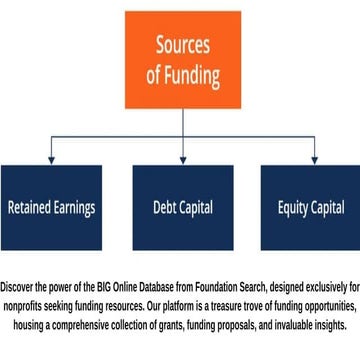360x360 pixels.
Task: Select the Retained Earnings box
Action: click(x=52, y=208)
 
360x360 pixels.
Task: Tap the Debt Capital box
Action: click(x=183, y=208)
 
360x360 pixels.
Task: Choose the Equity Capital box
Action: click(x=311, y=208)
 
